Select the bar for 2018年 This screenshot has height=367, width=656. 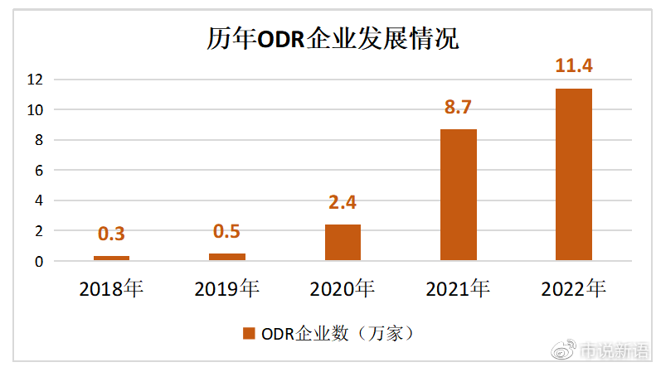pos(111,258)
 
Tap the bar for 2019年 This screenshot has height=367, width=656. pos(226,257)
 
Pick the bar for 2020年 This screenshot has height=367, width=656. pos(343,243)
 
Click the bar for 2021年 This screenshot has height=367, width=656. pos(458,195)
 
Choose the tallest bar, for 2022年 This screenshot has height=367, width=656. pos(573,175)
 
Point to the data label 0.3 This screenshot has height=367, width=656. pos(111,234)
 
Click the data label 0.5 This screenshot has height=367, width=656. pos(226,231)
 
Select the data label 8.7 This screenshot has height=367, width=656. pos(458,107)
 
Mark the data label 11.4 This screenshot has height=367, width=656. pos(573,66)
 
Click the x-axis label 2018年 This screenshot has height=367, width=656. pos(111,289)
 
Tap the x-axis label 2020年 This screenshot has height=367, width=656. pos(343,289)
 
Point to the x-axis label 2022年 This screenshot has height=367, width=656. pos(573,289)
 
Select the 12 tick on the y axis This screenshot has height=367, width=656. pos(34,80)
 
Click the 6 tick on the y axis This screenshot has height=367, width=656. pos(38,171)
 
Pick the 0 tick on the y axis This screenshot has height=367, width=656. pos(38,262)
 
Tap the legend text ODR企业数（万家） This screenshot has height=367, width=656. pos(337,334)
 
